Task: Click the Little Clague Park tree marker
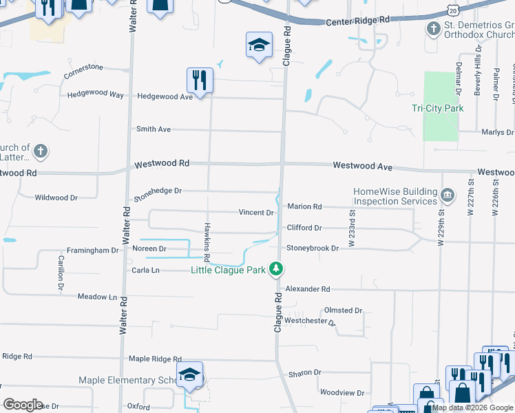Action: click(x=276, y=268)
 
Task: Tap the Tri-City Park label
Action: click(x=437, y=108)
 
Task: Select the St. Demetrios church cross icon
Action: click(x=433, y=29)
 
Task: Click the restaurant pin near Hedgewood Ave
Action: click(x=199, y=80)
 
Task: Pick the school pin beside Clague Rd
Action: click(x=259, y=45)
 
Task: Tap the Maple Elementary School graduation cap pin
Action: click(x=189, y=376)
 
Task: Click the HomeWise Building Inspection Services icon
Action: click(x=448, y=196)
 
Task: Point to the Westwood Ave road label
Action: click(x=362, y=166)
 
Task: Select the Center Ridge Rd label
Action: click(x=357, y=21)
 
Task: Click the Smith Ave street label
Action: click(x=153, y=129)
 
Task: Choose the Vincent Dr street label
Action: click(x=255, y=212)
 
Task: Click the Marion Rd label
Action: click(x=304, y=206)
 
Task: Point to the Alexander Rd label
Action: click(x=308, y=289)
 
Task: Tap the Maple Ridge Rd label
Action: click(x=155, y=359)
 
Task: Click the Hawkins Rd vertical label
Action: click(x=206, y=236)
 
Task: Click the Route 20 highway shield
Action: click(x=452, y=10)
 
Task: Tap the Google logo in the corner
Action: click(x=23, y=404)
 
